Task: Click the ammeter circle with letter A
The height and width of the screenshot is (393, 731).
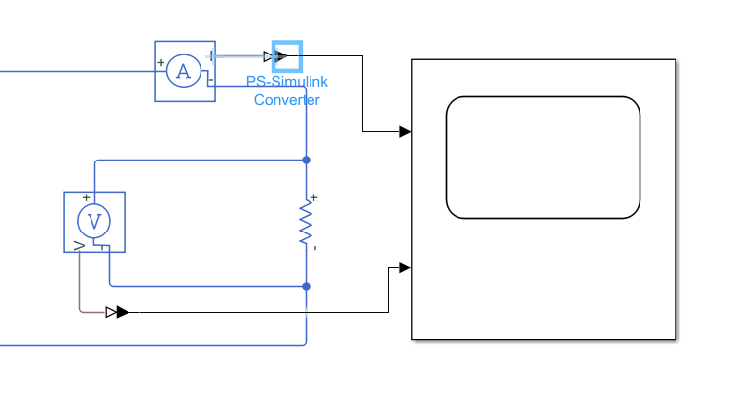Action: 182,71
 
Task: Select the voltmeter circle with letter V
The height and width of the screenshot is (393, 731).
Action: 94,222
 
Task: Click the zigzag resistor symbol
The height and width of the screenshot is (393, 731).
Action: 306,223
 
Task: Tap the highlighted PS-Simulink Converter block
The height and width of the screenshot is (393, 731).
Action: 287,55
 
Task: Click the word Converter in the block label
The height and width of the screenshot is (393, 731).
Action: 287,99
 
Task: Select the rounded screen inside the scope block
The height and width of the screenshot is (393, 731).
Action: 542,158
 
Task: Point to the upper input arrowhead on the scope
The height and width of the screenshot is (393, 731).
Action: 404,131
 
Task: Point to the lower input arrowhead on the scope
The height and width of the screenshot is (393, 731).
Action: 404,268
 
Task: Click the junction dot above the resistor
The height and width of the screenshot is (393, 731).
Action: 307,160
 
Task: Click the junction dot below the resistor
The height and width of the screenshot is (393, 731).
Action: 307,286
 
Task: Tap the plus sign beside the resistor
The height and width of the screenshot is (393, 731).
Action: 314,197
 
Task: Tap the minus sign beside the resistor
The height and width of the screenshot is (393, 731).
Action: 314,248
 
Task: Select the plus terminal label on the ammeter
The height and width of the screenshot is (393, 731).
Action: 161,64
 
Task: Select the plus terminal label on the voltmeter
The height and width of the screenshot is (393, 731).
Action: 86,197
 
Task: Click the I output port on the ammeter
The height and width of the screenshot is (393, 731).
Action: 211,55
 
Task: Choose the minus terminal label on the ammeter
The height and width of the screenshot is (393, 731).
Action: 211,81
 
